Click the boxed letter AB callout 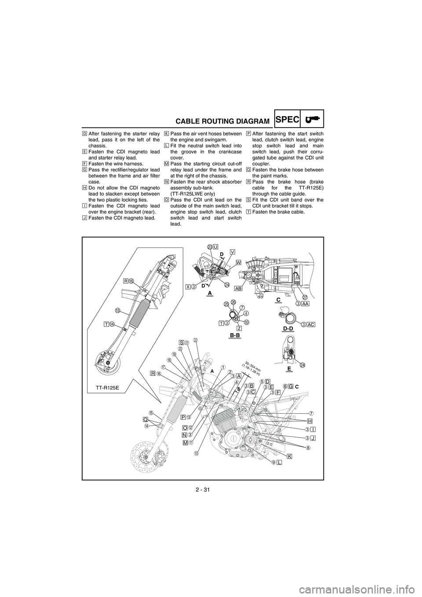pyautogui.click(x=239, y=288)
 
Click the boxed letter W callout pyautogui.click(x=239, y=262)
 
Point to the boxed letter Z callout pyautogui.click(x=239, y=328)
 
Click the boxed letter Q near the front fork pyautogui.click(x=145, y=419)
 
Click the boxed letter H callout pyautogui.click(x=309, y=420)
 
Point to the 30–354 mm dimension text pyautogui.click(x=251, y=367)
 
